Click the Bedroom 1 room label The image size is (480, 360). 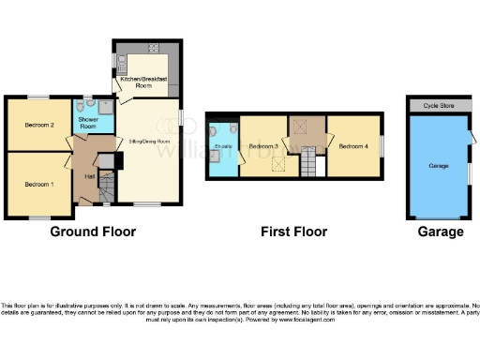pos(38,184)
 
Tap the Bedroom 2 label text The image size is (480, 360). pos(38,125)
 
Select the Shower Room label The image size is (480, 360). pos(88,121)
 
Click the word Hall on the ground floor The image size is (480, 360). pos(90,176)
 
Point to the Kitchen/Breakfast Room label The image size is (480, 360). pos(144,82)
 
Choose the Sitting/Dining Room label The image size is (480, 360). pos(148,142)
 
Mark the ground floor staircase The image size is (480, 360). pos(105,191)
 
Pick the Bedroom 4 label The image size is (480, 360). pos(353,146)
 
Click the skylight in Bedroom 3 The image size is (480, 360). pos(278,165)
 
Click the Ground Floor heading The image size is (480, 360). pos(92,232)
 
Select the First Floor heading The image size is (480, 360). pos(294,232)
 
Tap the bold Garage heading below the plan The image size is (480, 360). pos(440,232)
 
